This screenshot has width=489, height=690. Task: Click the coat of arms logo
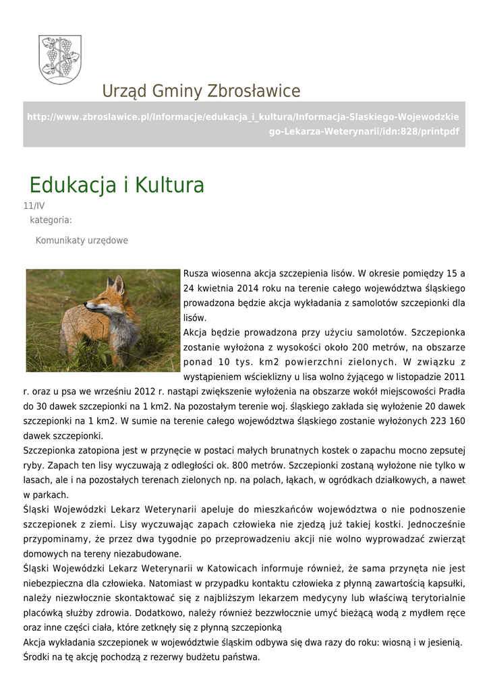pos(60,59)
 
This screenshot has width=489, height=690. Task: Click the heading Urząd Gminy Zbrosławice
pos(201,91)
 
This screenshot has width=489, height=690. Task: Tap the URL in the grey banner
pos(243,124)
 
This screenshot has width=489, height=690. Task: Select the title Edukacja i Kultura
pos(117,185)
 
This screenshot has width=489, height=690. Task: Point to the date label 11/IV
pos(34,206)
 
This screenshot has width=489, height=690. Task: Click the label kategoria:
pos(51,220)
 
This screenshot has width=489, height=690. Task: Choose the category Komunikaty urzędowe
pos(82,241)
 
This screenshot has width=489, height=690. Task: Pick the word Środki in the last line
pos(38,657)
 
